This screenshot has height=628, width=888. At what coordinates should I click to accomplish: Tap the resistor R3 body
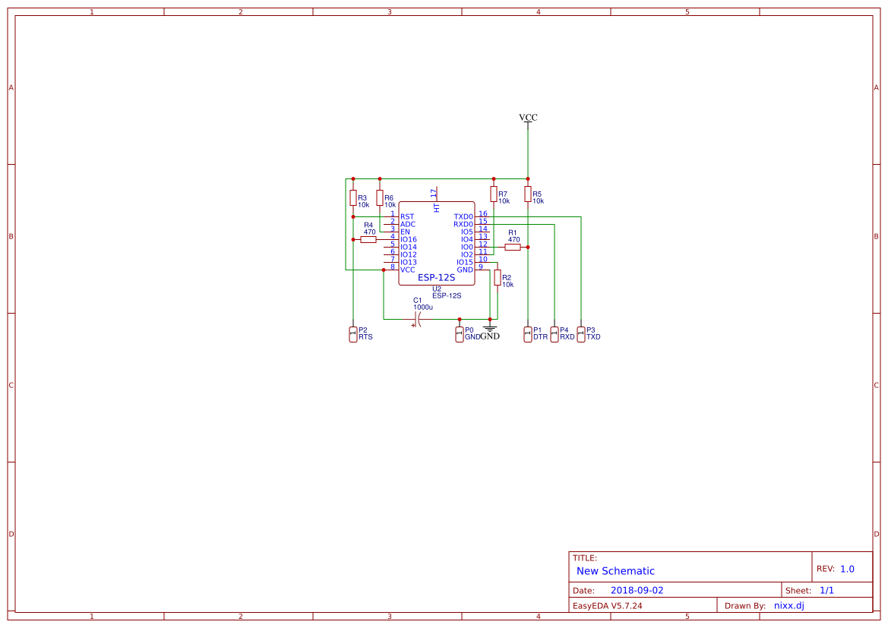pos(352,197)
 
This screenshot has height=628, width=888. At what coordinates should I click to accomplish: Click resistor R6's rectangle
pos(380,197)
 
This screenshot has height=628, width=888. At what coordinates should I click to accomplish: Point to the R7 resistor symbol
pos(493,194)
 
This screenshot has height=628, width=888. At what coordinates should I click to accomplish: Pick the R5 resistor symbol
pos(528,194)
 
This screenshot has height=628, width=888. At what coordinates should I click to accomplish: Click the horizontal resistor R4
pos(368,239)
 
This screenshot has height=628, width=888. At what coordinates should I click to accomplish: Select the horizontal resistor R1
pos(513,247)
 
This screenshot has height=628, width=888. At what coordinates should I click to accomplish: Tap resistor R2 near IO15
pos(498,277)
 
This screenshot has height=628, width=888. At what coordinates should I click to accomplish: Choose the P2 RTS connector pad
pos(352,334)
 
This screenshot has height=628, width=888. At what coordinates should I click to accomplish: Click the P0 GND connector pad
pos(460,334)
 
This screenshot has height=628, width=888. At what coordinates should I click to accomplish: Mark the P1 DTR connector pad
pos(528,334)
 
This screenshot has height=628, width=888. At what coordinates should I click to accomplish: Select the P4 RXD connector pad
pos(555,334)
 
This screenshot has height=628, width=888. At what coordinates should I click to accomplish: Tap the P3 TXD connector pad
pos(581,334)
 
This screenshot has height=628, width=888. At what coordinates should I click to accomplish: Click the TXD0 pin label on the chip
pos(463,217)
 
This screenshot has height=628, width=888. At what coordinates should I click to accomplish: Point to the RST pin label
pos(407,217)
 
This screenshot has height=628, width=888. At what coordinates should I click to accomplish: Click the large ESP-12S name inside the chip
pos(437,277)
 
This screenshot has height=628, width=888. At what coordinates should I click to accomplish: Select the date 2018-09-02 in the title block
pos(637,590)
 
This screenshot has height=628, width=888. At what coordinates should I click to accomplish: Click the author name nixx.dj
pos(789,606)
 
